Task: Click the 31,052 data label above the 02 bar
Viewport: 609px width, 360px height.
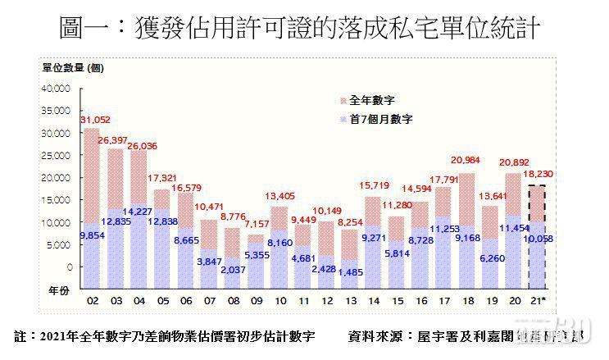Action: [96, 120]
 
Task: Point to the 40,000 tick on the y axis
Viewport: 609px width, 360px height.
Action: [58, 88]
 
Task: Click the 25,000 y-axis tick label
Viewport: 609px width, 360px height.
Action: [58, 155]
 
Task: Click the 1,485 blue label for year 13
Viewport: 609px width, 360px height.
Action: [351, 272]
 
